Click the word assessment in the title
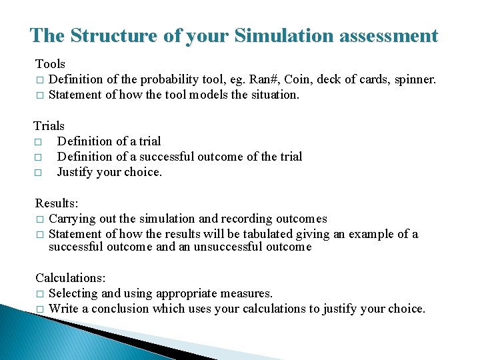click(x=389, y=35)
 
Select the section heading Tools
click(x=50, y=64)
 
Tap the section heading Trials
click(x=49, y=126)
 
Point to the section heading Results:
click(x=56, y=203)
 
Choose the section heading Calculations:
click(x=70, y=277)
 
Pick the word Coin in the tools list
click(x=297, y=79)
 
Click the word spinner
click(x=415, y=79)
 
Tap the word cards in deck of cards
click(x=374, y=79)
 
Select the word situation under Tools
click(x=273, y=95)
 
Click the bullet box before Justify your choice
click(x=39, y=173)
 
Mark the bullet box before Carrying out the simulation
click(x=39, y=219)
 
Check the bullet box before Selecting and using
click(x=39, y=293)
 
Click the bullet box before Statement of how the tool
click(x=39, y=95)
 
